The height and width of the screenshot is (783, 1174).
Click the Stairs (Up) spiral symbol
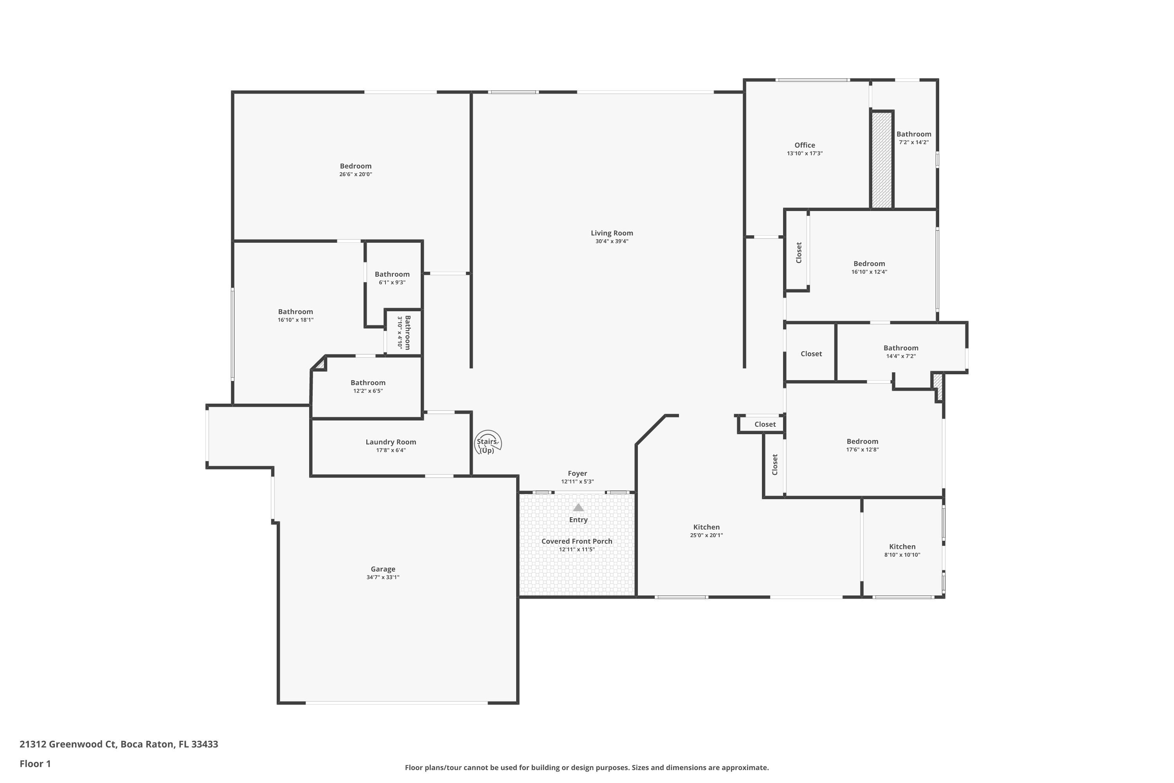click(x=488, y=442)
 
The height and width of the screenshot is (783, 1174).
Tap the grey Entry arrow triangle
click(x=578, y=507)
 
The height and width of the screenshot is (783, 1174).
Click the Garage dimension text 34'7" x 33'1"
click(x=383, y=577)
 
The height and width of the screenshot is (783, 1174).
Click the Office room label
click(x=805, y=145)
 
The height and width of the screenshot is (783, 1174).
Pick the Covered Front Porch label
click(x=576, y=541)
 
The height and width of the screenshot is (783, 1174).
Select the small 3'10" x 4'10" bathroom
click(x=404, y=332)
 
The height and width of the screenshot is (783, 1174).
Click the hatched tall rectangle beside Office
click(x=882, y=160)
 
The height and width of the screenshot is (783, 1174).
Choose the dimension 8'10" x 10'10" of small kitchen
click(x=902, y=555)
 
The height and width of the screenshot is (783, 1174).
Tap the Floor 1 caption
click(x=35, y=763)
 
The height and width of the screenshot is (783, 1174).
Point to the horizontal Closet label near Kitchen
click(x=765, y=424)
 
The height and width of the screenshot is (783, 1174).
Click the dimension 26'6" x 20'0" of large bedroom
click(x=355, y=174)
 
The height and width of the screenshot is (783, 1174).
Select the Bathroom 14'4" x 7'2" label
click(x=900, y=348)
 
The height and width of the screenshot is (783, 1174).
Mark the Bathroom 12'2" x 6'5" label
click(x=368, y=383)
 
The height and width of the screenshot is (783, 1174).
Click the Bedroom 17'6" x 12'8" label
click(x=862, y=442)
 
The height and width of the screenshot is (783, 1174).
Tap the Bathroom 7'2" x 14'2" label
click(x=913, y=134)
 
